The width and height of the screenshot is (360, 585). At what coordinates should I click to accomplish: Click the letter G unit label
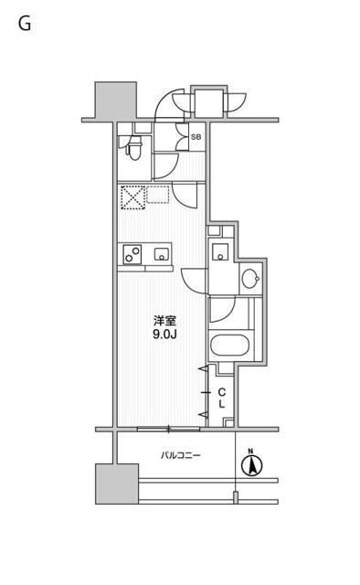25,25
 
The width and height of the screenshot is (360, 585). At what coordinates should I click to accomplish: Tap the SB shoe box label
196,137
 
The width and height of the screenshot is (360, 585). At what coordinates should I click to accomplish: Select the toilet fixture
132,148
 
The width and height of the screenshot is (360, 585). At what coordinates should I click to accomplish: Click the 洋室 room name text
164,321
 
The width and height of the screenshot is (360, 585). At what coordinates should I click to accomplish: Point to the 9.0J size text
164,335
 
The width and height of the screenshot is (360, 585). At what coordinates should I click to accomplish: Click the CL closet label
222,398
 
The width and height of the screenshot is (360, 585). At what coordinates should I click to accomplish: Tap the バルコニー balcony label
181,455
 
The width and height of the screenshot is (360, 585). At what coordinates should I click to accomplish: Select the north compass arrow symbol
251,465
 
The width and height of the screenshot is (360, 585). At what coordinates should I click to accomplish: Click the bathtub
229,346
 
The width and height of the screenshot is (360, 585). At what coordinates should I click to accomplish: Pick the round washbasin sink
250,278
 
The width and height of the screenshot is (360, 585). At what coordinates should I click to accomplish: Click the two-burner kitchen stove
132,254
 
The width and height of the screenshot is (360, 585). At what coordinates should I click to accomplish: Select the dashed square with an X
132,197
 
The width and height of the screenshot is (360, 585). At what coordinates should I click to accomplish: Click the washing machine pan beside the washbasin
220,251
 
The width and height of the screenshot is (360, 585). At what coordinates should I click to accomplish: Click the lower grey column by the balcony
117,484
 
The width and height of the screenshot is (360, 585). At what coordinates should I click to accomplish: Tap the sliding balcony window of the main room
169,429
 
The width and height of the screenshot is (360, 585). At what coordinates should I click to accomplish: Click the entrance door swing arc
168,103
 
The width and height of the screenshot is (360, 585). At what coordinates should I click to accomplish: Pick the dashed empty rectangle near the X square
158,195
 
